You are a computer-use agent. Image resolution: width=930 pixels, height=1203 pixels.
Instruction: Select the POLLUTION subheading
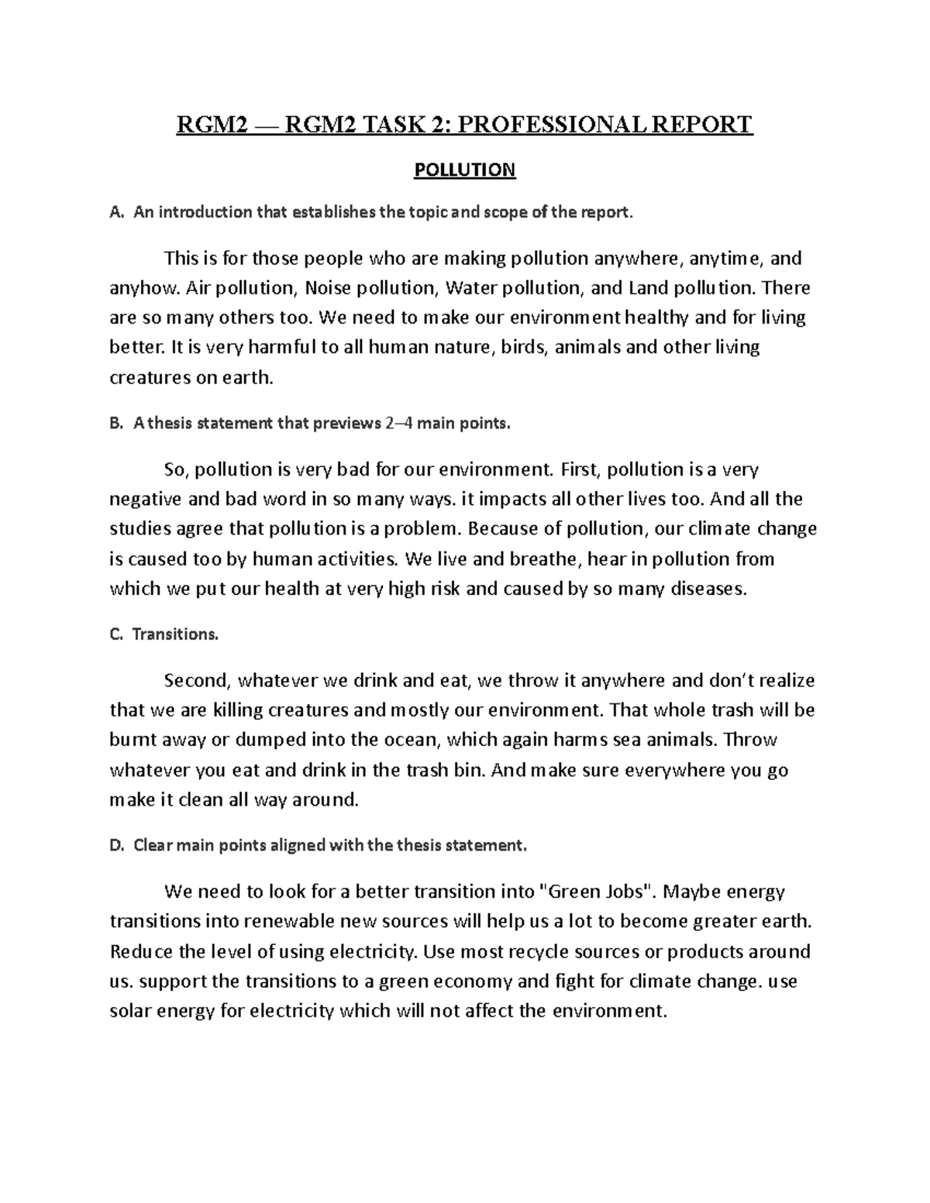pyautogui.click(x=464, y=170)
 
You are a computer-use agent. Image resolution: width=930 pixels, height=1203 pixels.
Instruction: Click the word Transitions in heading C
pyautogui.click(x=175, y=634)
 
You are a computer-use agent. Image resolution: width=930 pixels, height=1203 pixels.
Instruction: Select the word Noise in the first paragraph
pyautogui.click(x=327, y=288)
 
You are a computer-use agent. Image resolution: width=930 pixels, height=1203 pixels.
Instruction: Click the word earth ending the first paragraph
pyautogui.click(x=249, y=378)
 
